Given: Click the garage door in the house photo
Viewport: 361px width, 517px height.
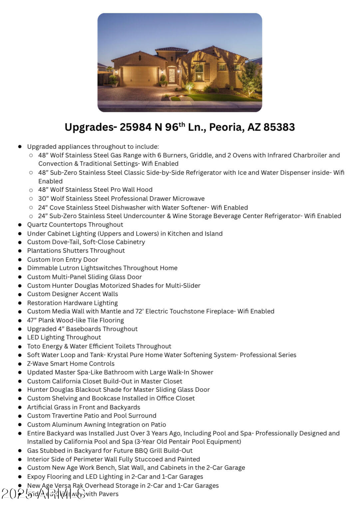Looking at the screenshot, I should (x=139, y=76).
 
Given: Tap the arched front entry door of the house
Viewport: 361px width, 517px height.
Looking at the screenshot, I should (x=172, y=76).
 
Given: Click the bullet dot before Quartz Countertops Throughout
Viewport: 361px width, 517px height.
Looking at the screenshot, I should (x=20, y=225).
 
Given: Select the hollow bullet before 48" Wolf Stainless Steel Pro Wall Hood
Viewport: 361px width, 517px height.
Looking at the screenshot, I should (x=31, y=190).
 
